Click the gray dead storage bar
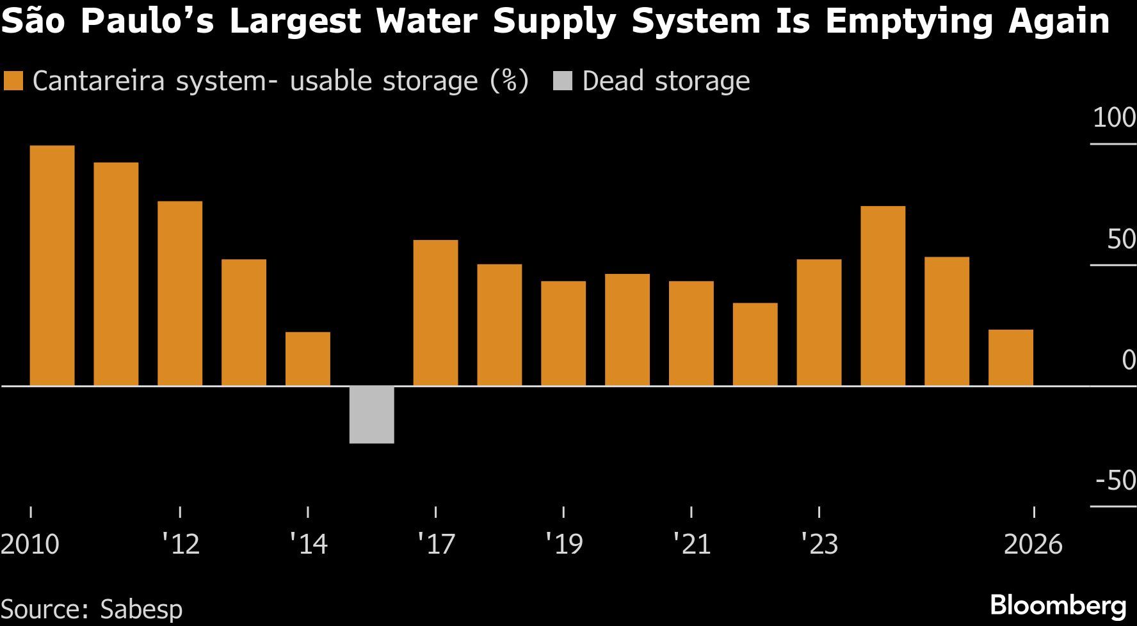click(371, 415)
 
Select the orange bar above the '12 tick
click(180, 294)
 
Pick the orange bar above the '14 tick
click(308, 359)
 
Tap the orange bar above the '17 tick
click(435, 313)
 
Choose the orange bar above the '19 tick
click(563, 333)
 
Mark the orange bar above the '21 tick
click(691, 333)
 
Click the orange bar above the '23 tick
click(819, 323)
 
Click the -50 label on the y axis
click(1115, 480)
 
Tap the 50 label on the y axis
click(1120, 239)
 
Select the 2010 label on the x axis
click(30, 545)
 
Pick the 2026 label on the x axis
click(1033, 545)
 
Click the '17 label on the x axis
click(436, 545)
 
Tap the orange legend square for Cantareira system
click(13, 81)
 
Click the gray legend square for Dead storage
click(563, 81)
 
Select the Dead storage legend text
click(666, 81)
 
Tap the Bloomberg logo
click(1058, 606)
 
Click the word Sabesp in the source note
click(141, 609)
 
